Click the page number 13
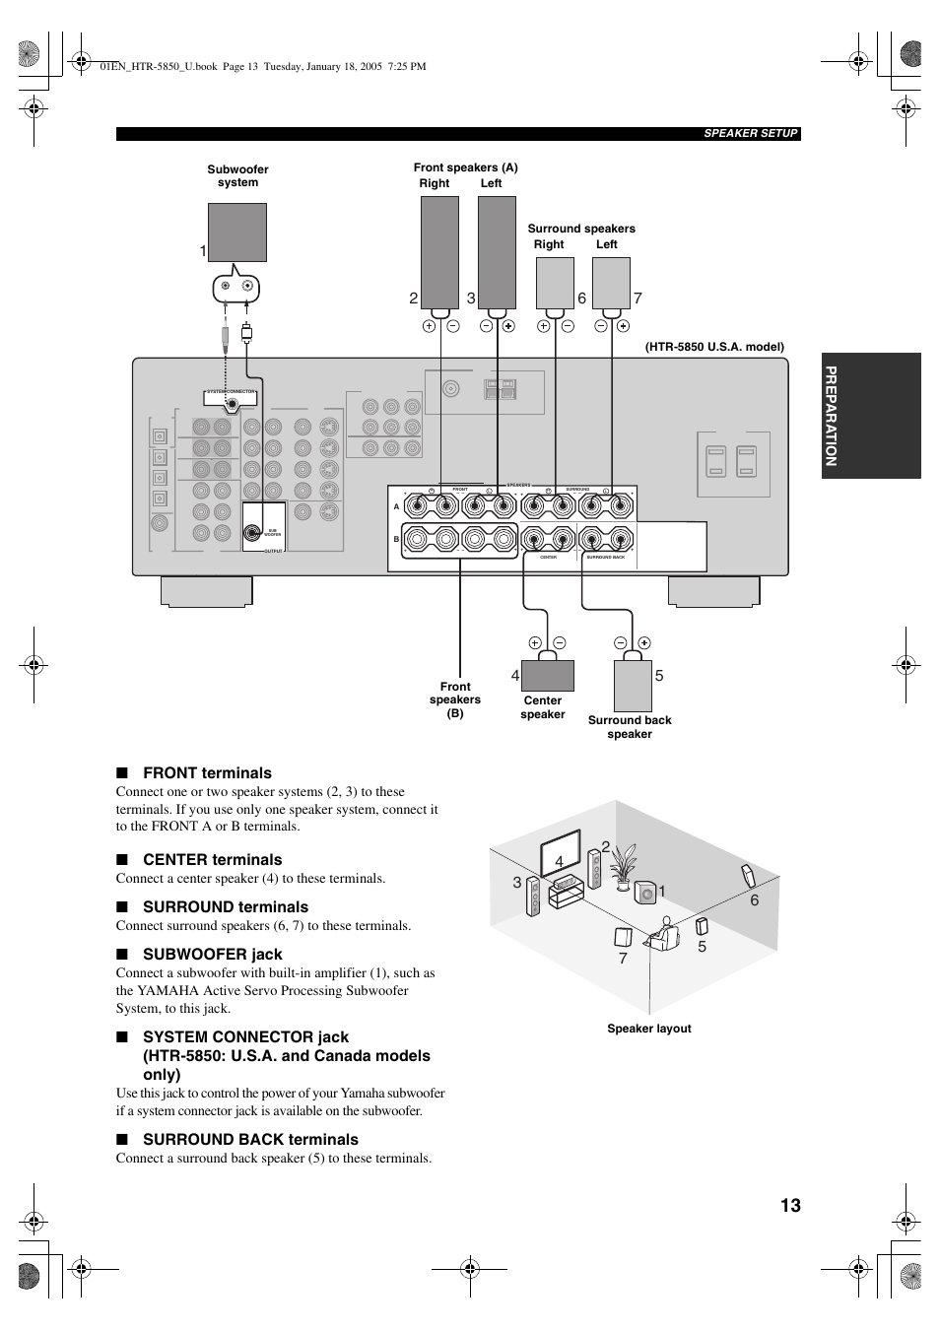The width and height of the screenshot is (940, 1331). pyautogui.click(x=789, y=1206)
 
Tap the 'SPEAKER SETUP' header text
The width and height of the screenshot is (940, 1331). pyautogui.click(x=750, y=134)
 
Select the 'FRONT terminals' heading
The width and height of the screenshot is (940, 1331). pyautogui.click(x=207, y=773)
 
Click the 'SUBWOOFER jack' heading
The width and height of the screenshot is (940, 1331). pyautogui.click(x=212, y=955)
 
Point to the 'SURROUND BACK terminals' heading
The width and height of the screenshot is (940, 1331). pyautogui.click(x=250, y=1140)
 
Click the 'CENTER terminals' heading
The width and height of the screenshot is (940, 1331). pyautogui.click(x=212, y=860)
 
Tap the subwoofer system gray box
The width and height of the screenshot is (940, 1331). pyautogui.click(x=237, y=232)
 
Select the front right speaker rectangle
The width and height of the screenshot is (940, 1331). pyautogui.click(x=439, y=252)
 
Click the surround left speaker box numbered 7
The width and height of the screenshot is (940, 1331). pyautogui.click(x=611, y=283)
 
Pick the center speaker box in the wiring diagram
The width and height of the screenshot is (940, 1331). pyautogui.click(x=547, y=676)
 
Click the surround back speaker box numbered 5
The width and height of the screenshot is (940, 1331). pyautogui.click(x=633, y=686)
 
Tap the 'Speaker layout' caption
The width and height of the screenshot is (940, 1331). pyautogui.click(x=648, y=1029)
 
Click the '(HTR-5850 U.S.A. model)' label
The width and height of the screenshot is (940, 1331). pyautogui.click(x=714, y=347)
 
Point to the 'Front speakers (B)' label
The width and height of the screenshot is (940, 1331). pyautogui.click(x=455, y=699)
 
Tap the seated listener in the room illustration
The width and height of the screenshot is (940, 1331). pyautogui.click(x=666, y=932)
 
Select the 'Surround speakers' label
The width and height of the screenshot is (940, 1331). pyautogui.click(x=581, y=229)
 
